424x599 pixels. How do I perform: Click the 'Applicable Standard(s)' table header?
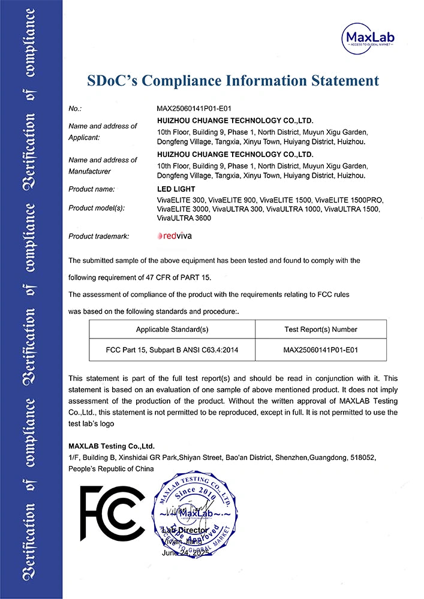[172, 329]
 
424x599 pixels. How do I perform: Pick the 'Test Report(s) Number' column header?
[320, 329]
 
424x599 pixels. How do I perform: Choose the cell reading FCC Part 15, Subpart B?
[172, 349]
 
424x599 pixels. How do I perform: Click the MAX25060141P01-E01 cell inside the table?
[320, 349]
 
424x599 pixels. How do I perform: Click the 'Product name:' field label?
[92, 189]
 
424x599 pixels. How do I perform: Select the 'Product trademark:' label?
[99, 237]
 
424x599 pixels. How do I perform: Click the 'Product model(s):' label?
[97, 208]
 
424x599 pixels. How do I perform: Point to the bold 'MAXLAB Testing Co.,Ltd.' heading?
[112, 446]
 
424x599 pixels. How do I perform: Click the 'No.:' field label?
[75, 109]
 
